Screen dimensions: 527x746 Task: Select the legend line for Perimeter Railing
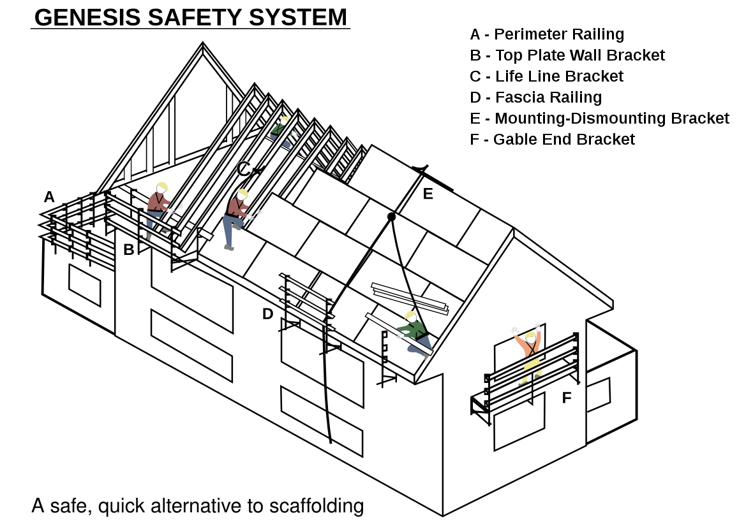(547, 34)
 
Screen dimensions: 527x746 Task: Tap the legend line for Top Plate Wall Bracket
(567, 55)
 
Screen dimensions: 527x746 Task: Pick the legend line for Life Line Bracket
(546, 76)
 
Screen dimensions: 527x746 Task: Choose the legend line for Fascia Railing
(535, 97)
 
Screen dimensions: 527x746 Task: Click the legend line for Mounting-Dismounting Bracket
(599, 119)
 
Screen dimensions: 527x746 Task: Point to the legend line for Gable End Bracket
(552, 139)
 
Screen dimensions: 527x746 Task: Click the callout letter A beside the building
(49, 197)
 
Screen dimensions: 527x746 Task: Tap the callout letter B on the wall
(129, 250)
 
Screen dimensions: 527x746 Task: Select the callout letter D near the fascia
(268, 314)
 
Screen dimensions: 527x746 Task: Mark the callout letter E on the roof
(428, 194)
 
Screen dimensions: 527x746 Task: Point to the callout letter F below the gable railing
(567, 398)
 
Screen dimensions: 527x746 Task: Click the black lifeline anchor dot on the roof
(392, 217)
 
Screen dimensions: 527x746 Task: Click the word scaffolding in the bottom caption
(317, 506)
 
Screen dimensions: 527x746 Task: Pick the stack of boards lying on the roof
(408, 298)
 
